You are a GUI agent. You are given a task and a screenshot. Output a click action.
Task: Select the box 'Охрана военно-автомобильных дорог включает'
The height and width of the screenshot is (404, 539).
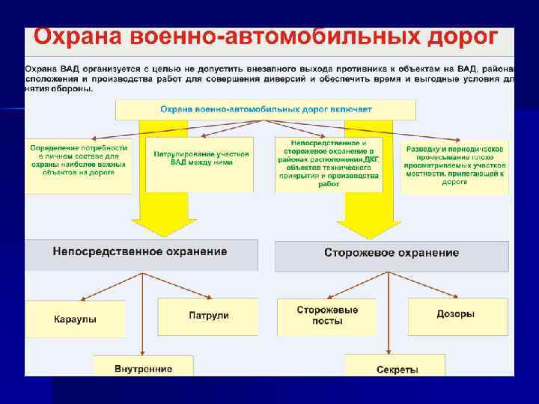click(266, 110)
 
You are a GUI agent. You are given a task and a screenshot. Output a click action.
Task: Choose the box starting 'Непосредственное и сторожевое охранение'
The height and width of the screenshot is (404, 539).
click(328, 165)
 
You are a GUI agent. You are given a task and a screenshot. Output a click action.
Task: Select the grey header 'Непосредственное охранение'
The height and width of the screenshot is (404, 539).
click(140, 252)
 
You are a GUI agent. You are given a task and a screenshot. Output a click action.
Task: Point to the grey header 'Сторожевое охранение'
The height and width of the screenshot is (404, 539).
click(392, 254)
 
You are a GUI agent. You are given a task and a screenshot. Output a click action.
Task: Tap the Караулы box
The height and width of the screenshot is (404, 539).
click(75, 319)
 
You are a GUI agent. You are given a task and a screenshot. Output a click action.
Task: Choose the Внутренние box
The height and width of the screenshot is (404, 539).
click(143, 368)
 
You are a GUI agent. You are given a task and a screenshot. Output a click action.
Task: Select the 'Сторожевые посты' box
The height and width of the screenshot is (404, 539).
click(327, 315)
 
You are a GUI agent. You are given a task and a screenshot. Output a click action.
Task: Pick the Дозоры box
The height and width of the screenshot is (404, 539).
click(455, 315)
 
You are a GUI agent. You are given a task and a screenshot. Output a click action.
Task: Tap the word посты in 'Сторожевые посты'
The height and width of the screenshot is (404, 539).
click(327, 321)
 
